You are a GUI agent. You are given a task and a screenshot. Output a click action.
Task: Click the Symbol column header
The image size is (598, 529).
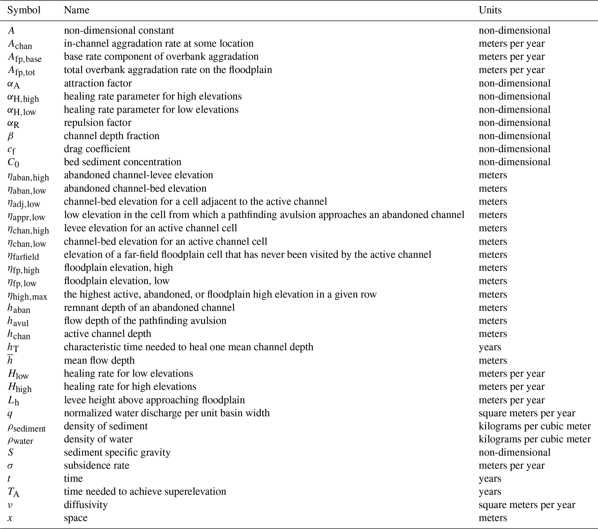pyautogui.click(x=24, y=10)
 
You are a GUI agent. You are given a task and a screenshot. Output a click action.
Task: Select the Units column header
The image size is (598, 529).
pyautogui.click(x=490, y=10)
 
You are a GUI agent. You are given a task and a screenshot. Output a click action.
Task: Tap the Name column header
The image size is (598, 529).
pyautogui.click(x=77, y=10)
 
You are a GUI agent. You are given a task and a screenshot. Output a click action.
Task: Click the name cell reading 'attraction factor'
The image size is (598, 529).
pyautogui.click(x=98, y=83)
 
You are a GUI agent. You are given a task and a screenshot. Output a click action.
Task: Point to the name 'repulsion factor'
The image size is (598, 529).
pyautogui.click(x=97, y=122)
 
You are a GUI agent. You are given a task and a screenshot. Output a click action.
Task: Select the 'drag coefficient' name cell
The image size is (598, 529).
pyautogui.click(x=97, y=149)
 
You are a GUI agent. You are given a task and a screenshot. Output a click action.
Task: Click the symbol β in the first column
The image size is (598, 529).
pyautogui.click(x=10, y=136)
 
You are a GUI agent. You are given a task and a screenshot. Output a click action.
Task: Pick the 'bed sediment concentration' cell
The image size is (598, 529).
pyautogui.click(x=123, y=162)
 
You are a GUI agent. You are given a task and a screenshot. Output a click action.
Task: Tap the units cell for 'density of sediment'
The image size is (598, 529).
pyautogui.click(x=535, y=426)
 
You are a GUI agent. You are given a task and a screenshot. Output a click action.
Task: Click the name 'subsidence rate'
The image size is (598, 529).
pyautogui.click(x=97, y=466)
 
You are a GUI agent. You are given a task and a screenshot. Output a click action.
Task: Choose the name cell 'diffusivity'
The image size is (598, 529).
pyautogui.click(x=86, y=505)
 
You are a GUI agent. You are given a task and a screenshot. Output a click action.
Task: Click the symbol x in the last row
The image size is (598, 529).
pyautogui.click(x=10, y=518)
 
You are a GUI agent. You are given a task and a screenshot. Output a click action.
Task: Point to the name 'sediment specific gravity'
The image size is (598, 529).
pyautogui.click(x=117, y=452)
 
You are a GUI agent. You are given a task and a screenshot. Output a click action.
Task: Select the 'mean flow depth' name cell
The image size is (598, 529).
pyautogui.click(x=99, y=360)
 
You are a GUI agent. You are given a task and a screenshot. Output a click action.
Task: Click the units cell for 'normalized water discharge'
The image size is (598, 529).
pyautogui.click(x=527, y=413)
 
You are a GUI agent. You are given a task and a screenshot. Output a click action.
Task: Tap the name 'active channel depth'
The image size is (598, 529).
pyautogui.click(x=107, y=334)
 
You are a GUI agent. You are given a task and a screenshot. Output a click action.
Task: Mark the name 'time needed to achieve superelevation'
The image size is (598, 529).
pyautogui.click(x=145, y=492)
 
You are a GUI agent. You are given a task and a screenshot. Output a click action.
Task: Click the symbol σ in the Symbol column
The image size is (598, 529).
pyautogui.click(x=10, y=466)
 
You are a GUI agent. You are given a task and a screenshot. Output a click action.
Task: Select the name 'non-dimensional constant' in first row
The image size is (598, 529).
pyautogui.click(x=119, y=30)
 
